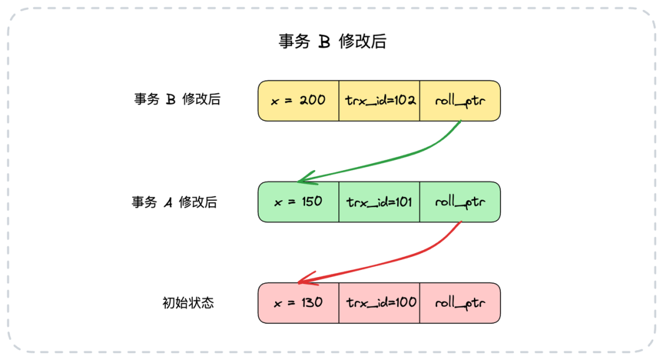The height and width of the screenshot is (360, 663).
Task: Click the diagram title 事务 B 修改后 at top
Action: [332, 41]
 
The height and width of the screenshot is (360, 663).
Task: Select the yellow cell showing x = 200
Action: [298, 101]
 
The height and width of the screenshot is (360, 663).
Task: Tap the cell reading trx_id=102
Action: [379, 101]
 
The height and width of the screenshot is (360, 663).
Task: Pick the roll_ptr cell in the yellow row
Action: [460, 101]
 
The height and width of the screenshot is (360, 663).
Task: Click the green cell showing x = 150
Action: [298, 202]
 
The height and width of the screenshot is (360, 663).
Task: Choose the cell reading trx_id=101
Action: [379, 202]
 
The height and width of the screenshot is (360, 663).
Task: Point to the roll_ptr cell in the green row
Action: [460, 202]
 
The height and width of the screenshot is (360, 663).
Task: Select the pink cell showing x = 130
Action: [298, 303]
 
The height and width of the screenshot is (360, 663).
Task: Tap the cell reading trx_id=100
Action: [379, 303]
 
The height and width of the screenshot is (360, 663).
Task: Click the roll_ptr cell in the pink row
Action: [460, 303]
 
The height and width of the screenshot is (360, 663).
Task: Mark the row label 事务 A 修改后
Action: [174, 202]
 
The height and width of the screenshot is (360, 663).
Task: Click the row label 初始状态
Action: [188, 303]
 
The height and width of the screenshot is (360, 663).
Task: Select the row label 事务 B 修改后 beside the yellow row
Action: [177, 99]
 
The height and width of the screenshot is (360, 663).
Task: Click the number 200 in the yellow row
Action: [312, 100]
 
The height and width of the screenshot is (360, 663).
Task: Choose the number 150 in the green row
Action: [312, 202]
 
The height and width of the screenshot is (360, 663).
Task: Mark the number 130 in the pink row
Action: [312, 302]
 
